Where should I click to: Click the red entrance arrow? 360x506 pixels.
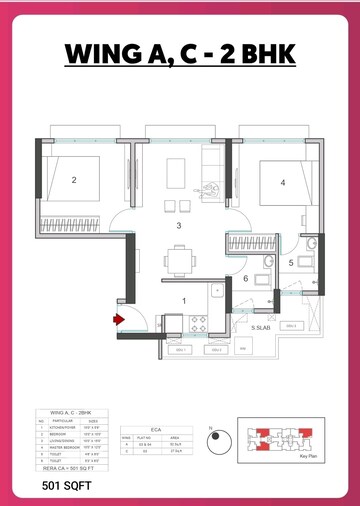[x=118, y=319]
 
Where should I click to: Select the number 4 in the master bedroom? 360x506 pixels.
[x=283, y=182]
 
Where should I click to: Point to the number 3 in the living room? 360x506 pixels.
[x=178, y=226]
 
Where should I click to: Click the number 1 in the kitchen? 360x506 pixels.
[x=183, y=300]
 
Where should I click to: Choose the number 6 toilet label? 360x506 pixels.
[x=246, y=279]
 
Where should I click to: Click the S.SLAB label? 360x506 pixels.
[x=262, y=327]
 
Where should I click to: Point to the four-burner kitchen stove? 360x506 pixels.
[x=197, y=323]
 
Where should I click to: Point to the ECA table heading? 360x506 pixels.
[x=155, y=424]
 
